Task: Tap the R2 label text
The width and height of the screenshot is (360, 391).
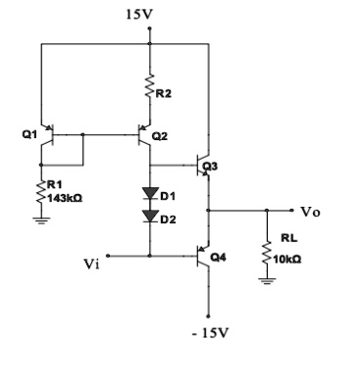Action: tap(164, 93)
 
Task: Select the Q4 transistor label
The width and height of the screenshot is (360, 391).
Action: tap(222, 256)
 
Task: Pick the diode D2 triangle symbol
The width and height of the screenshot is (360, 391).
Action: tap(148, 216)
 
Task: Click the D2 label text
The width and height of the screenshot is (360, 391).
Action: tap(168, 218)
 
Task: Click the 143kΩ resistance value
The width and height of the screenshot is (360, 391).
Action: tap(65, 197)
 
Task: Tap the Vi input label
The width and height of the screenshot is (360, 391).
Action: tap(91, 264)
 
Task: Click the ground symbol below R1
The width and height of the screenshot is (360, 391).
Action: tap(40, 220)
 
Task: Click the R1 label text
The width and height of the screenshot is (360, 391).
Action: tap(54, 184)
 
